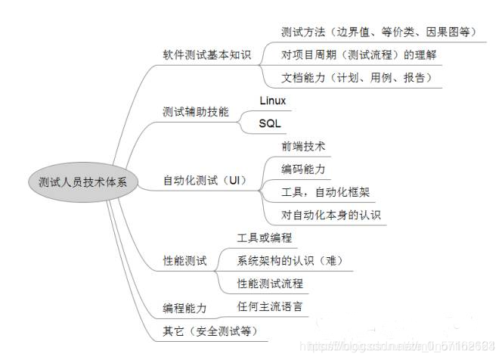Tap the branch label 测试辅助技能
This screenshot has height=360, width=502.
click(194, 112)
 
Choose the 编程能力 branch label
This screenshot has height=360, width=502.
click(184, 308)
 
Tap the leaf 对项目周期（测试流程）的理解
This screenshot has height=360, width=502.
click(358, 54)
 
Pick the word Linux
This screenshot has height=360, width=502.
click(272, 101)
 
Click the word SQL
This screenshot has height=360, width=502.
click(269, 123)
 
